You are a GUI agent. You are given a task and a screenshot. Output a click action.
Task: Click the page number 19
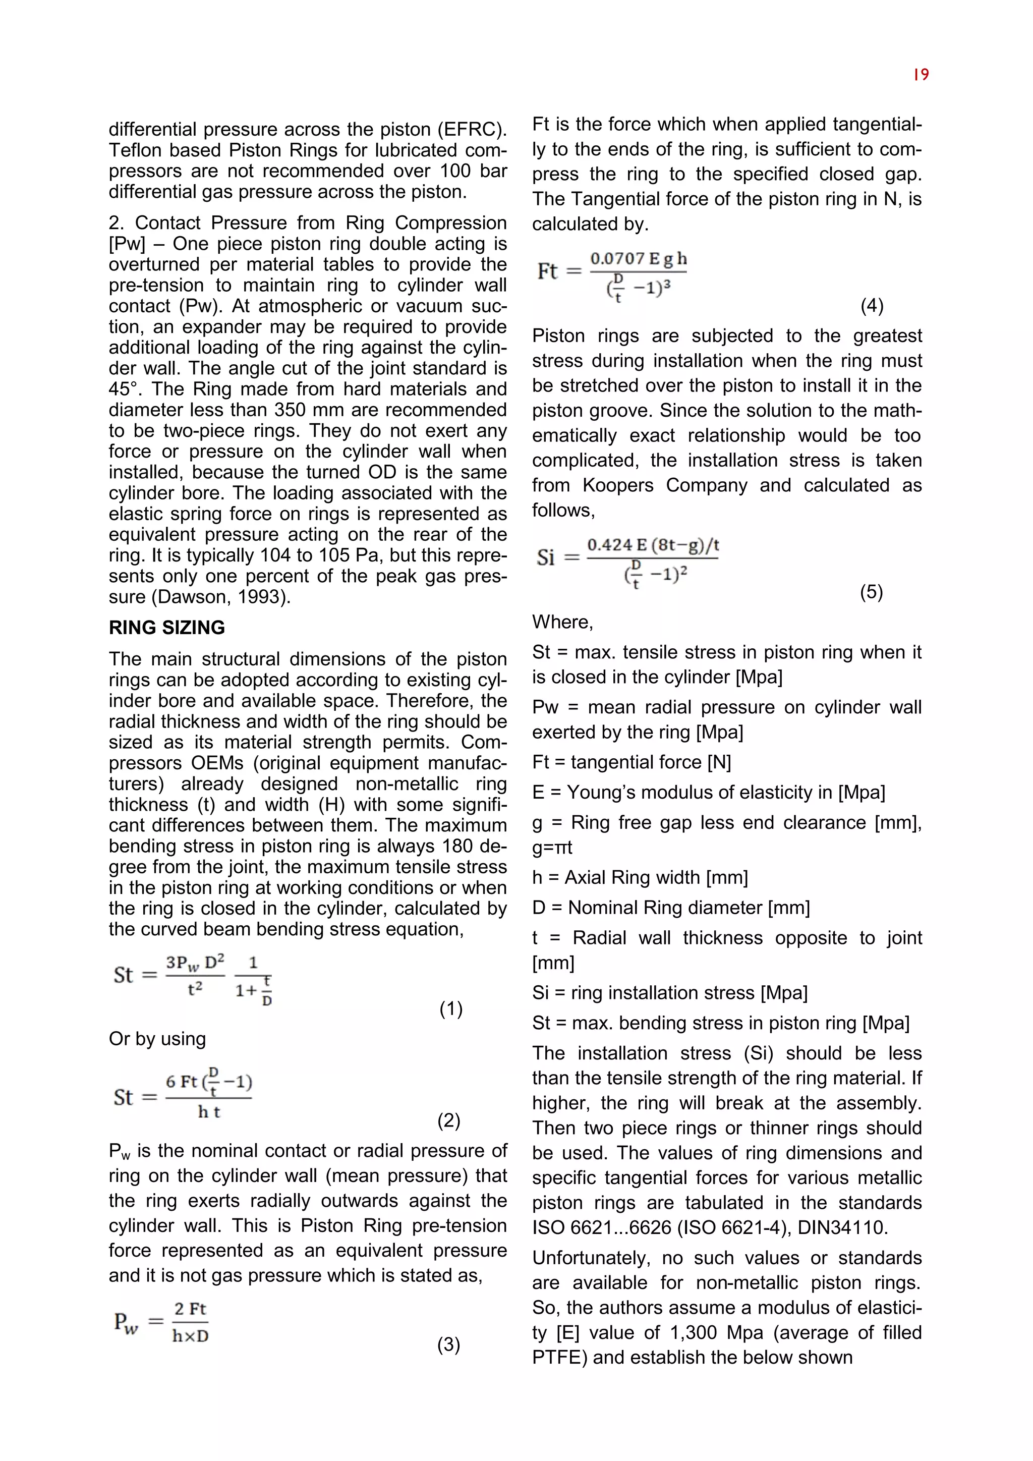pos(921,75)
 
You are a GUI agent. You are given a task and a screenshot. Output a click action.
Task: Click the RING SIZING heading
pos(166,628)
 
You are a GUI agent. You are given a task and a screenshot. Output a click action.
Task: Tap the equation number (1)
pos(451,1008)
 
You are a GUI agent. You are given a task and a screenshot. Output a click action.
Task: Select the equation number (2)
pos(448,1120)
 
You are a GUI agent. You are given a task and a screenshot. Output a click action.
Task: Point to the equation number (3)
pos(448,1344)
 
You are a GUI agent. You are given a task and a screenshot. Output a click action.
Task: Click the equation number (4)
pos(872,306)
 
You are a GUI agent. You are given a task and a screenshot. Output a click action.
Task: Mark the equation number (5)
pos(872,592)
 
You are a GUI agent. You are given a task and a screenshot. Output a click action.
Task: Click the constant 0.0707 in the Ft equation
pos(617,259)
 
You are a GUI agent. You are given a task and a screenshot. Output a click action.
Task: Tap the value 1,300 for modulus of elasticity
pos(694,1332)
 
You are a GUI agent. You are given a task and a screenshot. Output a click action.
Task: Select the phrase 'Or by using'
pos(157,1038)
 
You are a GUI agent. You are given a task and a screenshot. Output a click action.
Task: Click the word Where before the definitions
pos(562,622)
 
